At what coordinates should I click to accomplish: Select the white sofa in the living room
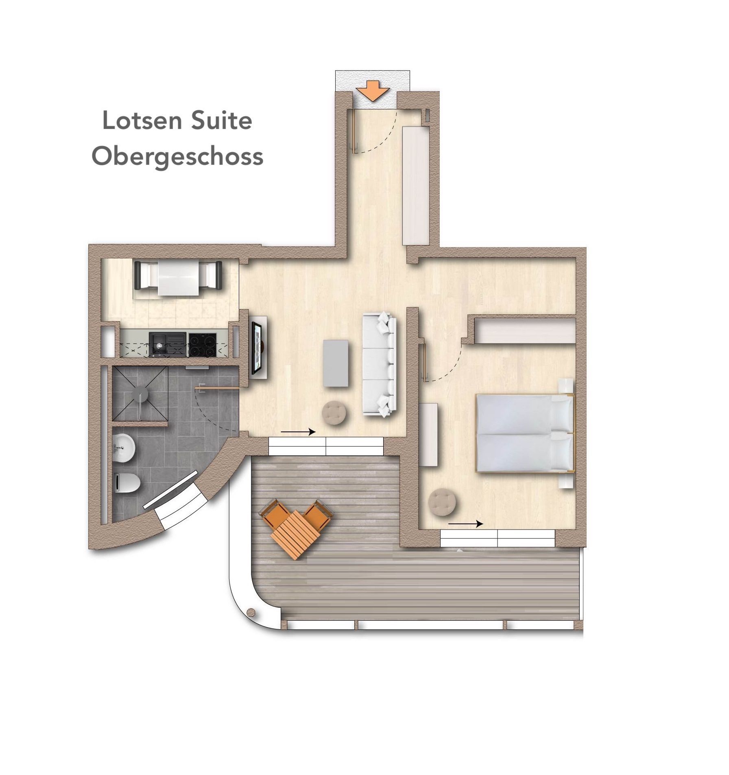pyautogui.click(x=379, y=363)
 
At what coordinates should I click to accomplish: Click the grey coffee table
pyautogui.click(x=336, y=363)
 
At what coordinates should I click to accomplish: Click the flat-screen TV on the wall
pyautogui.click(x=258, y=347)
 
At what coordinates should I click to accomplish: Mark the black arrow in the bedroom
pyautogui.click(x=466, y=524)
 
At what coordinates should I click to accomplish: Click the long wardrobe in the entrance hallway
pyautogui.click(x=416, y=186)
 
